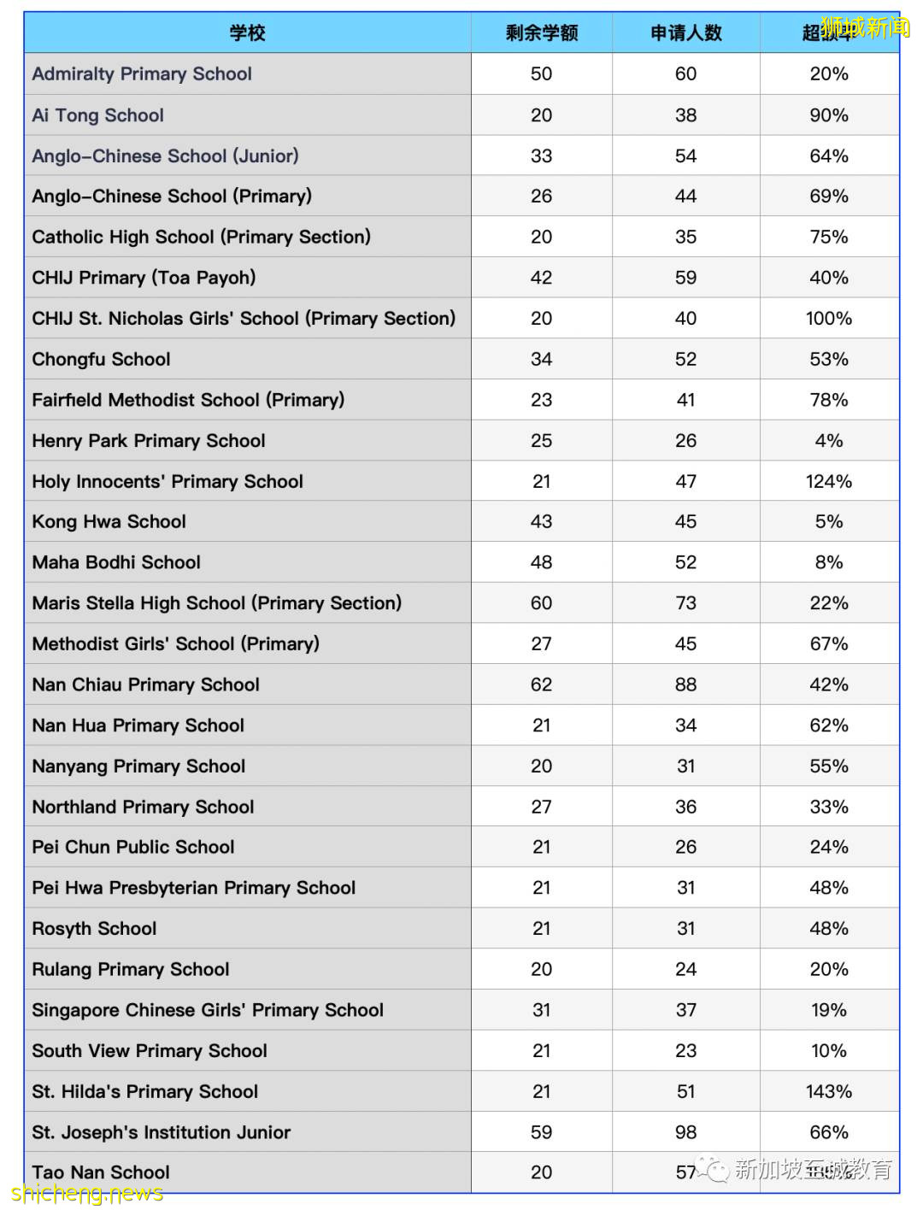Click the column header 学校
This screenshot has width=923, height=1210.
click(247, 33)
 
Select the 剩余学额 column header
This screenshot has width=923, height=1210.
click(541, 33)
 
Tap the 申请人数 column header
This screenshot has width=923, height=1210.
click(685, 33)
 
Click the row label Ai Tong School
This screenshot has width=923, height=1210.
click(98, 115)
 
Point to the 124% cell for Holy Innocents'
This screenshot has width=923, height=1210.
click(828, 482)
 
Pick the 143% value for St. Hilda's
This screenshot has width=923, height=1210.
click(828, 1092)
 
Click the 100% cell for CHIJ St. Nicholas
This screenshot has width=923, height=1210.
click(828, 319)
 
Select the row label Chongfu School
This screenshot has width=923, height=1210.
click(102, 360)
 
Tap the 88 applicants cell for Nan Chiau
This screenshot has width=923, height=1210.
click(685, 685)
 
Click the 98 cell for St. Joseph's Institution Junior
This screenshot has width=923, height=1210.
click(685, 1133)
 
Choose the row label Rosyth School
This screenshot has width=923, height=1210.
click(95, 929)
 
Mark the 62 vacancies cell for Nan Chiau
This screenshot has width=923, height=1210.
click(541, 685)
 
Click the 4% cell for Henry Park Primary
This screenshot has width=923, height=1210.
click(828, 441)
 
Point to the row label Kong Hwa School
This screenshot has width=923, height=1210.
click(109, 522)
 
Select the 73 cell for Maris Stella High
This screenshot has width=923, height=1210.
click(685, 603)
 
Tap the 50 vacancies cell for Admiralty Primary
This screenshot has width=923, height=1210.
click(541, 74)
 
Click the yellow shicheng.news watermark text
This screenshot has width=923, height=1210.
click(87, 1194)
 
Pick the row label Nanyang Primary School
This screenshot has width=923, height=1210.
click(139, 767)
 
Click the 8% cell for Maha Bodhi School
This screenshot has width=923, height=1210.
click(828, 563)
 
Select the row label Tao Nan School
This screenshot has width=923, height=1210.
click(102, 1172)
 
